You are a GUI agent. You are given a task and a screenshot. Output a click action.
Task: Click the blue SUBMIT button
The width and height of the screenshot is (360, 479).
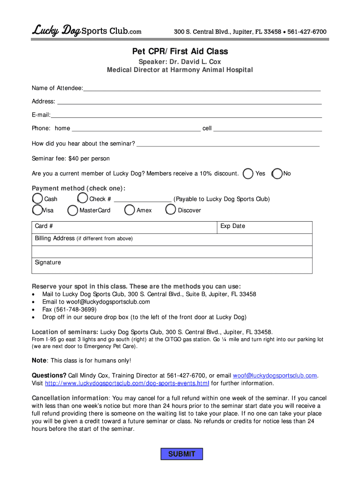click(181, 454)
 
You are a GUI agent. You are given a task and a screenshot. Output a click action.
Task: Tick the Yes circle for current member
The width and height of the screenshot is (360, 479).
click(249, 174)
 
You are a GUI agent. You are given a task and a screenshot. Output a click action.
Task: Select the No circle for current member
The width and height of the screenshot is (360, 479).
click(277, 174)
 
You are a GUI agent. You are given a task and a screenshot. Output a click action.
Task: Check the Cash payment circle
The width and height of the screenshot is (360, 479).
click(37, 199)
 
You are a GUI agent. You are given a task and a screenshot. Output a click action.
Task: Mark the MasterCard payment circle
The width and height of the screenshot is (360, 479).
click(73, 210)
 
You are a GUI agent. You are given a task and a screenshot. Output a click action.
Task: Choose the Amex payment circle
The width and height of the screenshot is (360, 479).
click(130, 210)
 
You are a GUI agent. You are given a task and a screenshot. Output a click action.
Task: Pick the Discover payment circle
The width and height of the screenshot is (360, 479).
click(171, 210)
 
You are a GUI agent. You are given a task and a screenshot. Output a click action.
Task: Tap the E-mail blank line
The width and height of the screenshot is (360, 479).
click(186, 115)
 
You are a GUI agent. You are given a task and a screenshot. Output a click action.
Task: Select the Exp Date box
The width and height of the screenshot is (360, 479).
click(265, 227)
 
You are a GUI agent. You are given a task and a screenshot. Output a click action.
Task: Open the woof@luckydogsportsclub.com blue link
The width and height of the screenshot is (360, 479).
click(275, 375)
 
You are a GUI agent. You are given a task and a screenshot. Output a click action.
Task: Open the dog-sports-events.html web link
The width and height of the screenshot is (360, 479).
click(127, 383)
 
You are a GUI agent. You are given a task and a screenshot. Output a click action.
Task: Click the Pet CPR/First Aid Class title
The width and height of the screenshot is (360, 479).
click(180, 51)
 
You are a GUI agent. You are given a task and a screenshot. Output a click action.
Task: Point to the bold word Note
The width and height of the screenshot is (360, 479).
click(39, 360)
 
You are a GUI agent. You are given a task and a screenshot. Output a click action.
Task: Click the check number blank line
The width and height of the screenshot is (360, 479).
click(143, 199)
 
